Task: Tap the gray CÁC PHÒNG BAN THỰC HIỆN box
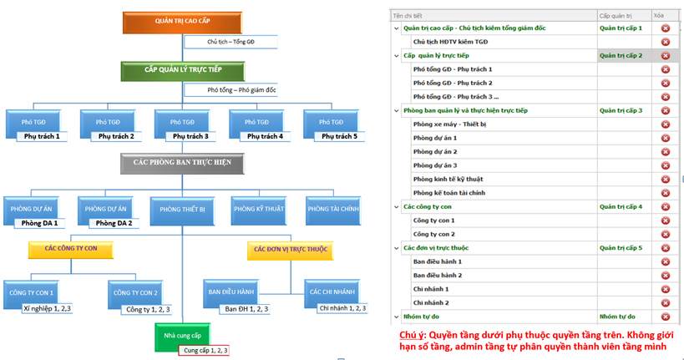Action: [x=182, y=164]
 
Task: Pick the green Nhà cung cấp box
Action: [x=181, y=335]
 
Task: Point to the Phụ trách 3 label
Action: [x=188, y=136]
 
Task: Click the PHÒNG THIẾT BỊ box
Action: [x=182, y=210]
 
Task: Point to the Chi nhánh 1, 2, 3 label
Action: [x=342, y=308]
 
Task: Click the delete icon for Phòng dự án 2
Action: [x=666, y=152]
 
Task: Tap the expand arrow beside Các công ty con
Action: [x=396, y=206]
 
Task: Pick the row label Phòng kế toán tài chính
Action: [x=448, y=193]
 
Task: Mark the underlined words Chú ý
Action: [x=412, y=333]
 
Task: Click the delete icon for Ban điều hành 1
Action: [x=666, y=261]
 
